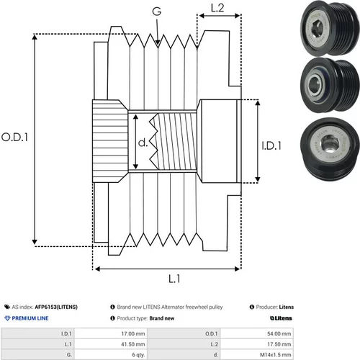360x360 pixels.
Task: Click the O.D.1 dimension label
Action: coord(14,137)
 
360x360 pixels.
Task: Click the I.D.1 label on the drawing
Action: coord(271,145)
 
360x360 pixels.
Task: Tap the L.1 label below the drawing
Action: coord(174,279)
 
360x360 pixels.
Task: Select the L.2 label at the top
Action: coord(217,8)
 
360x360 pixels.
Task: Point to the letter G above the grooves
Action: coord(157,12)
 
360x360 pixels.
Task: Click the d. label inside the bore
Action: coord(143,143)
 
